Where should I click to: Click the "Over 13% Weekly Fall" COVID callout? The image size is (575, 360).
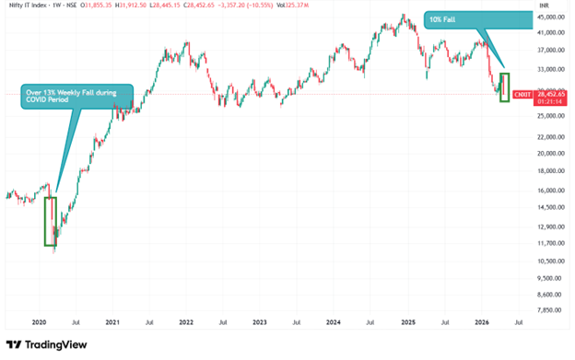pyautogui.click(x=78, y=95)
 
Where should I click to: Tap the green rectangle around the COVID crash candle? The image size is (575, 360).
pyautogui.click(x=50, y=221)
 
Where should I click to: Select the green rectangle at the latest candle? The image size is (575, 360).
pyautogui.click(x=504, y=87)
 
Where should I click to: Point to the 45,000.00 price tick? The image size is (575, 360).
pyautogui.click(x=551, y=17)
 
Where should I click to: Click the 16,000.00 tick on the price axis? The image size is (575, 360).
pyautogui.click(x=551, y=191)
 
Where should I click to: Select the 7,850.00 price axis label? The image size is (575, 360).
pyautogui.click(x=551, y=310)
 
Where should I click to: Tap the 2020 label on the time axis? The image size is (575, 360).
pyautogui.click(x=39, y=323)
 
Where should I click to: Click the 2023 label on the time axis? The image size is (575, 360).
pyautogui.click(x=260, y=323)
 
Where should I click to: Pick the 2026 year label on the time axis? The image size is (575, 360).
pyautogui.click(x=481, y=323)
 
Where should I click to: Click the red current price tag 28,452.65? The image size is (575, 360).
pyautogui.click(x=550, y=93)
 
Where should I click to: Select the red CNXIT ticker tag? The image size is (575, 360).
pyautogui.click(x=522, y=94)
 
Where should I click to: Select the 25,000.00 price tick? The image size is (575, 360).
pyautogui.click(x=551, y=116)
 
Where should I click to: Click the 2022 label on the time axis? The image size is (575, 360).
pyautogui.click(x=186, y=323)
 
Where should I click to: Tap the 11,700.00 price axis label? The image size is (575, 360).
pyautogui.click(x=551, y=243)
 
